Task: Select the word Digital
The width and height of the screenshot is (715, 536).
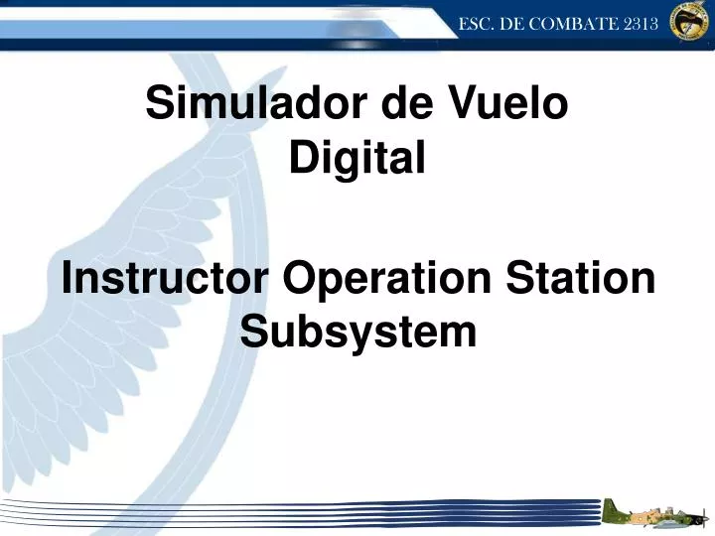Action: click(357, 156)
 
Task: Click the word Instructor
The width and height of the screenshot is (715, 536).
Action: click(164, 278)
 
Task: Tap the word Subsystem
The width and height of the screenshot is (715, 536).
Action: click(358, 332)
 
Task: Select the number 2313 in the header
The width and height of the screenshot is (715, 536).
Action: click(642, 24)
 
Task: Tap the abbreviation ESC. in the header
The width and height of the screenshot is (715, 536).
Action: click(477, 24)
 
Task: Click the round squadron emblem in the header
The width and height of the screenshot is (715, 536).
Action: click(690, 21)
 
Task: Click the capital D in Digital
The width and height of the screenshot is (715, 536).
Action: click(302, 156)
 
